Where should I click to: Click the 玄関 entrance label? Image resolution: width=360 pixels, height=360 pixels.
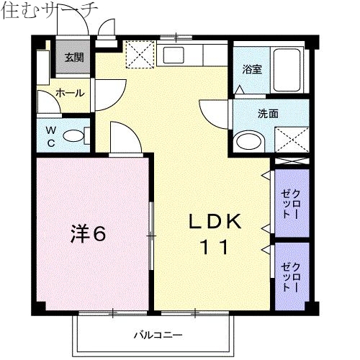click(73, 58)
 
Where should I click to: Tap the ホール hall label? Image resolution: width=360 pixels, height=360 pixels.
click(70, 93)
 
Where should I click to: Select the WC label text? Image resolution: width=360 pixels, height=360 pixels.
click(51, 135)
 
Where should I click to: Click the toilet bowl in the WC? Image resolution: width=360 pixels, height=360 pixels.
click(73, 135)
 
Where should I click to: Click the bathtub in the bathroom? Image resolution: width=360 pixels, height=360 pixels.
click(290, 69)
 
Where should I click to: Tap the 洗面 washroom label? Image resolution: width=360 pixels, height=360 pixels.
click(268, 113)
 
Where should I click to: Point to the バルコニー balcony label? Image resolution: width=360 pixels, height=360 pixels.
click(157, 335)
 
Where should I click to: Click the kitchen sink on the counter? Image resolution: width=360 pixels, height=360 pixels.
click(174, 55)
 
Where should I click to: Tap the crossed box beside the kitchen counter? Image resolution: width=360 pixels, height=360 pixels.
click(139, 54)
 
